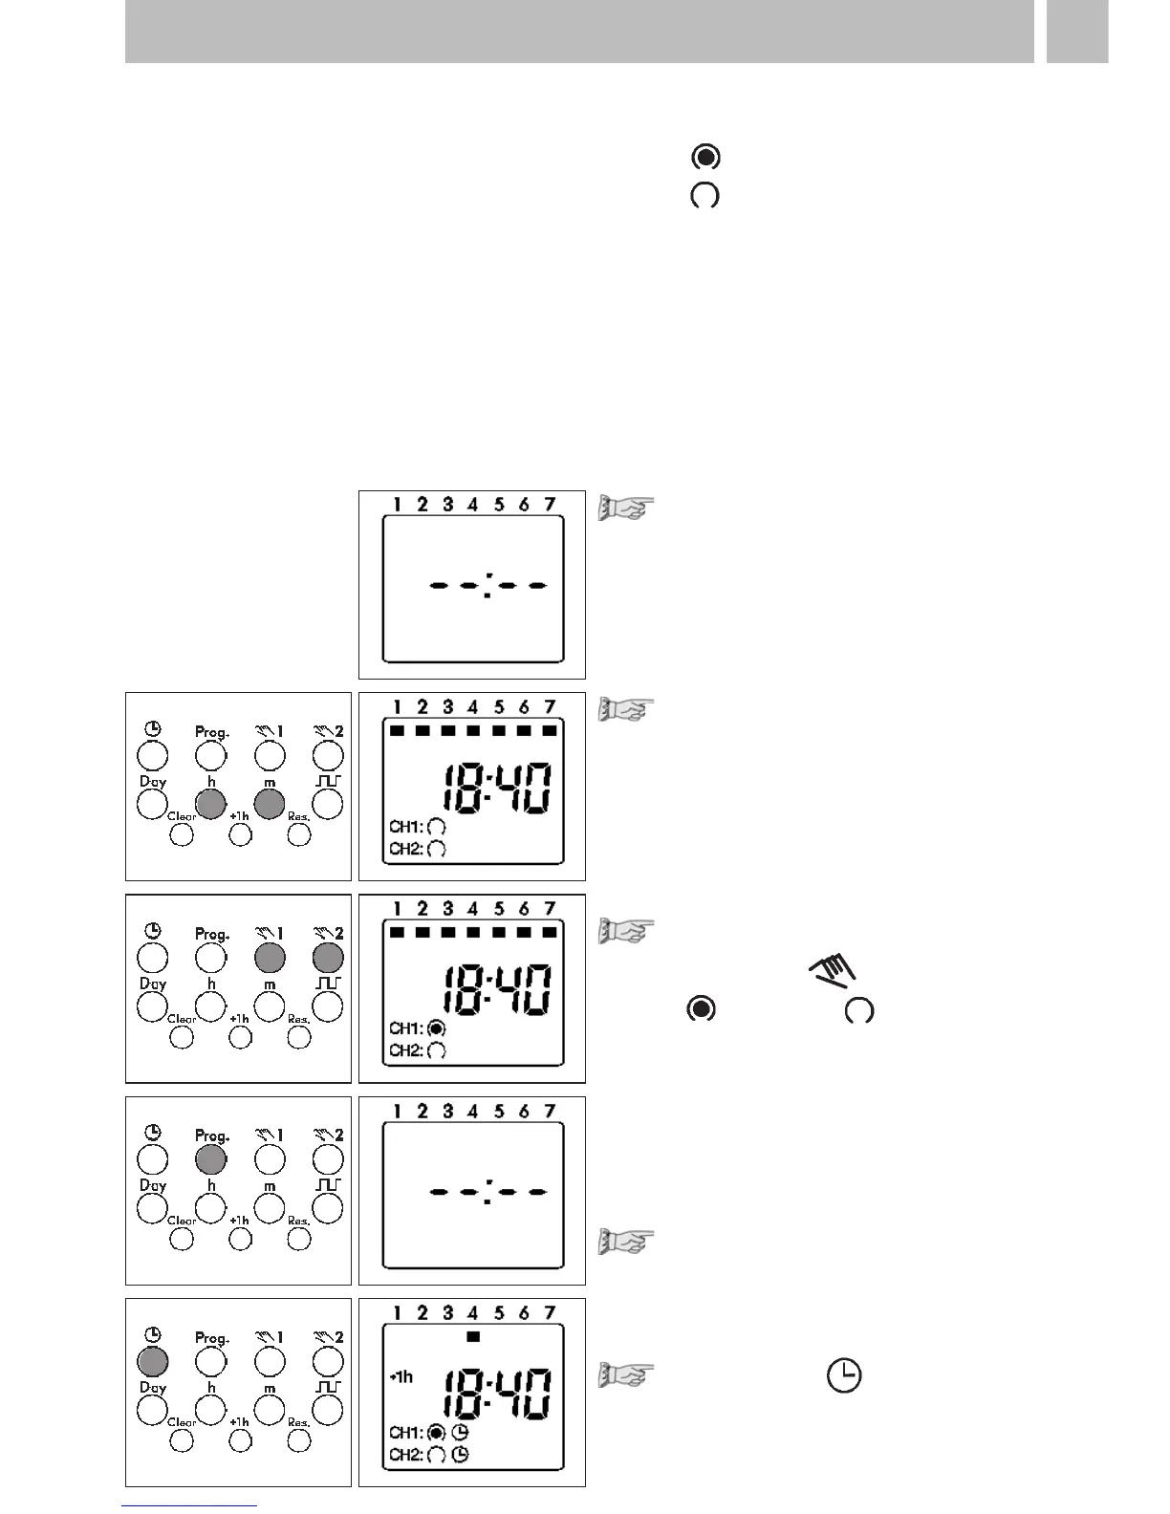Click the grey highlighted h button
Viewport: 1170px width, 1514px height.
[x=211, y=804]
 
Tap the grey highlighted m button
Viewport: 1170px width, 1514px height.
[x=270, y=804]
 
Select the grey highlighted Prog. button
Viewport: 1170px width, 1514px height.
[x=211, y=1158]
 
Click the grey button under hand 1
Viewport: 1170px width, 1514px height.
[x=270, y=957]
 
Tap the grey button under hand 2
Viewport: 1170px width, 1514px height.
[x=328, y=957]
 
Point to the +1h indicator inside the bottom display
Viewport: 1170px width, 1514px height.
[x=401, y=1377]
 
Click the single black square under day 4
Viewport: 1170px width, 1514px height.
[x=473, y=1337]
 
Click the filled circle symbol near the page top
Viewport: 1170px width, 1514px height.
[x=705, y=158]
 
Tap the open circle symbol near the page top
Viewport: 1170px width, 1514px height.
[x=705, y=197]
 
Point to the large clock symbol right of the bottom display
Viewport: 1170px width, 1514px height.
[x=844, y=1376]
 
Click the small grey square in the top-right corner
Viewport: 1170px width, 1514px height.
[x=1076, y=32]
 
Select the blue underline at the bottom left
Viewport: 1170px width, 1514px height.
[x=191, y=1506]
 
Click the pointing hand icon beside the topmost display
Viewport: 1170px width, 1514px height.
[x=626, y=508]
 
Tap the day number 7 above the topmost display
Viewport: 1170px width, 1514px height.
[x=550, y=505]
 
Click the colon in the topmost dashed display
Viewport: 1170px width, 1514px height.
[x=487, y=585]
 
